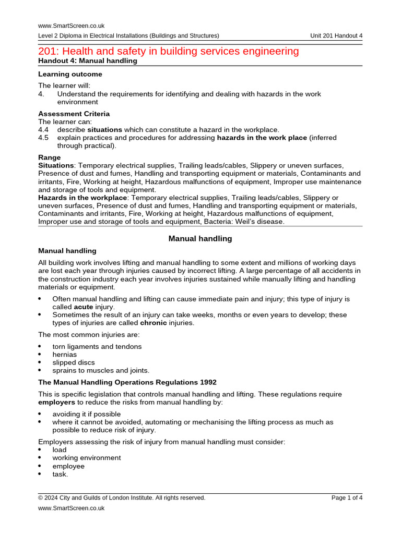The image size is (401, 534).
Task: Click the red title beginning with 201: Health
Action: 169,51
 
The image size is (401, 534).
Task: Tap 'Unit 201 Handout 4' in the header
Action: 336,35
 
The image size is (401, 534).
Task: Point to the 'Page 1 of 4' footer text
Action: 347,497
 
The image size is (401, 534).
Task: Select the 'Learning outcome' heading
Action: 70,74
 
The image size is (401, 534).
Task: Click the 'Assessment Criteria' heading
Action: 74,114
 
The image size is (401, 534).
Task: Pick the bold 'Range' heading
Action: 50,157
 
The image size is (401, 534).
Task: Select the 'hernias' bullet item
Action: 64,355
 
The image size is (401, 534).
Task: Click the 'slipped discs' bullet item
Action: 73,362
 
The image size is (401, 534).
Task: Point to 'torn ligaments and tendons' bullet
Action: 97,347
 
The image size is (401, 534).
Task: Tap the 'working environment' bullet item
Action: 86,458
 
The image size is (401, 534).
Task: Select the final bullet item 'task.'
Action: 60,474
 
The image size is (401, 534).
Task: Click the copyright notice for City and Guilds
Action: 122,497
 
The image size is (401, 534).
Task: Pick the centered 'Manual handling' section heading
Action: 200,238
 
